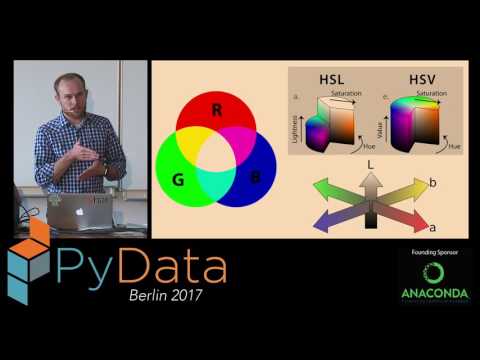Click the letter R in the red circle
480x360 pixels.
pyautogui.click(x=217, y=110)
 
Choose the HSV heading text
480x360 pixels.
pyautogui.click(x=402, y=77)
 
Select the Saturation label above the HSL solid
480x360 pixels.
pyautogui.click(x=335, y=93)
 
